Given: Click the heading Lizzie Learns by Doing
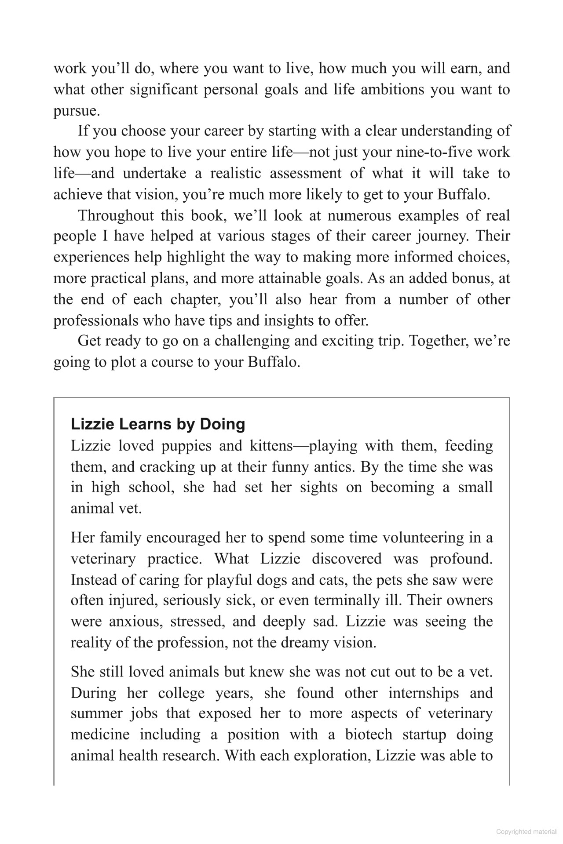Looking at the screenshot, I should [158, 424].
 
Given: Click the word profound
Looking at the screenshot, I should [461, 559].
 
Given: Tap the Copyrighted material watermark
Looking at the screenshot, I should [526, 832].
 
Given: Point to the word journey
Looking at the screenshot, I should [441, 236].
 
